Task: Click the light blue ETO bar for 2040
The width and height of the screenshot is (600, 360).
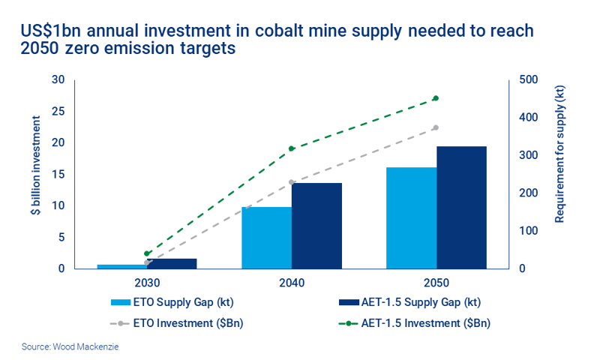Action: coord(266,238)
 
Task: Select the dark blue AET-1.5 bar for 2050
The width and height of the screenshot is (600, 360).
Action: coord(461,208)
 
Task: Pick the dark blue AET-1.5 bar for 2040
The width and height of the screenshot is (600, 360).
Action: coord(316,226)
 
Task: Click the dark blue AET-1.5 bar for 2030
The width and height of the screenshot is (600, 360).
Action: coord(172,263)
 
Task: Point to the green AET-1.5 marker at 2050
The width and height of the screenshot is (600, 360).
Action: coord(436,98)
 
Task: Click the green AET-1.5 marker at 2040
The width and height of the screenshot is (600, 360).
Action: coord(291,148)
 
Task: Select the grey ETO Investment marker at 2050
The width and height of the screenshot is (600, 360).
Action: coord(436,127)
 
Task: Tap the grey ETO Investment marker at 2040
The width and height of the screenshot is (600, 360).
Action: coord(291,182)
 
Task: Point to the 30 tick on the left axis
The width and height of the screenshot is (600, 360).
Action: coord(58,80)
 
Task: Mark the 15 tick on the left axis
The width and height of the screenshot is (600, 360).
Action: coord(58,175)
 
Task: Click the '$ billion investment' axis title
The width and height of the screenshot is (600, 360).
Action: coord(35,174)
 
